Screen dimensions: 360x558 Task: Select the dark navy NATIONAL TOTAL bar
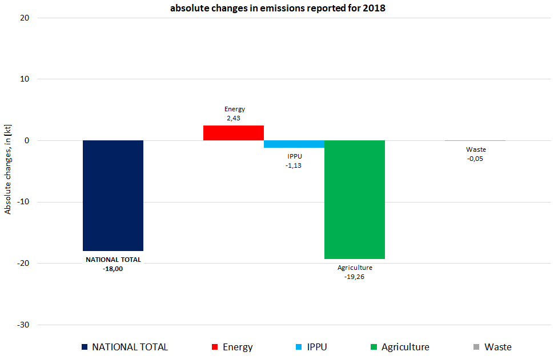click(113, 195)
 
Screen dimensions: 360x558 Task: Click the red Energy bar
click(234, 133)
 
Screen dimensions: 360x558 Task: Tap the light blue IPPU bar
click(294, 144)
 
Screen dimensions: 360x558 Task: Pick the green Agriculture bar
click(354, 200)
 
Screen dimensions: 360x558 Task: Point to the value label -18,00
click(113, 269)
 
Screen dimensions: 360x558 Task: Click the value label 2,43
click(234, 119)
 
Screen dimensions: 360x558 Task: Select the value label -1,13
click(294, 165)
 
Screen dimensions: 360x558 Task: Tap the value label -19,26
click(355, 277)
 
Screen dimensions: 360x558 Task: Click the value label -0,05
click(475, 159)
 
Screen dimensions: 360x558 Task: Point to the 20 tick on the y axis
click(25, 18)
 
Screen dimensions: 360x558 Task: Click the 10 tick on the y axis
click(25, 79)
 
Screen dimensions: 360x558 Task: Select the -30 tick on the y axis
click(23, 325)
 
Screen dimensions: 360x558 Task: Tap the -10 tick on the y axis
click(23, 202)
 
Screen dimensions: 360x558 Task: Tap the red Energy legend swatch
click(215, 347)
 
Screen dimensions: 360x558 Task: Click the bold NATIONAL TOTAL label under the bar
click(113, 260)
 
